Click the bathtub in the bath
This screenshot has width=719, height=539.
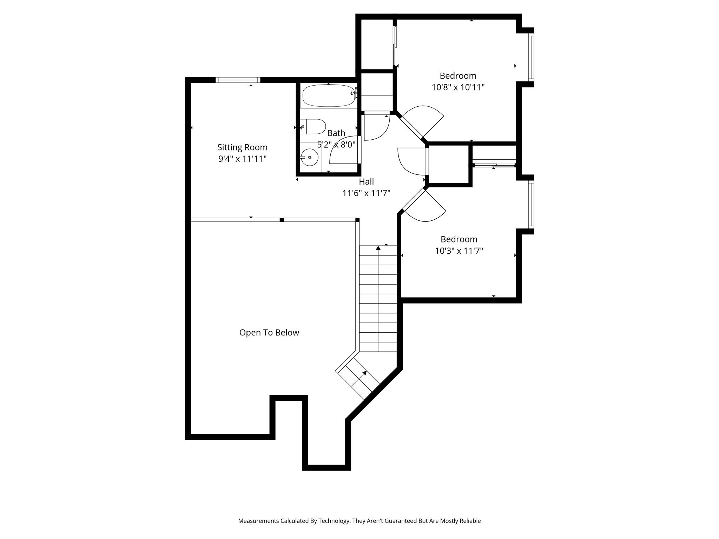[x=328, y=95]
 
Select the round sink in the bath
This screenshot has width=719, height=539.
[x=309, y=157]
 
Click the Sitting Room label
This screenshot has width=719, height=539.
[x=242, y=147]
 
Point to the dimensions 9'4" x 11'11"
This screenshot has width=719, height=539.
[x=242, y=159]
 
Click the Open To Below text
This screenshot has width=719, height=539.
[x=269, y=333]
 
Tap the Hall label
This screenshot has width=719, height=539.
[x=366, y=182]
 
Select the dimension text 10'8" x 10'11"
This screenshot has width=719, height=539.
[x=458, y=87]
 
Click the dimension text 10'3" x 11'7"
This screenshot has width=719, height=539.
[x=459, y=251]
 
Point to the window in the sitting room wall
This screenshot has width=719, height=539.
[x=238, y=80]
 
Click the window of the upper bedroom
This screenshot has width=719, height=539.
[x=531, y=58]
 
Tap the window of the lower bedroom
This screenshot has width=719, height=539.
[x=531, y=204]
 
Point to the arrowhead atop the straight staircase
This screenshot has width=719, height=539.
[x=378, y=248]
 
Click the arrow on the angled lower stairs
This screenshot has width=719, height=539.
[x=365, y=373]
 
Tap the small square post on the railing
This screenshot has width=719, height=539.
[x=282, y=220]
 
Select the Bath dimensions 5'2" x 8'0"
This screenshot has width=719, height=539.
[x=336, y=145]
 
